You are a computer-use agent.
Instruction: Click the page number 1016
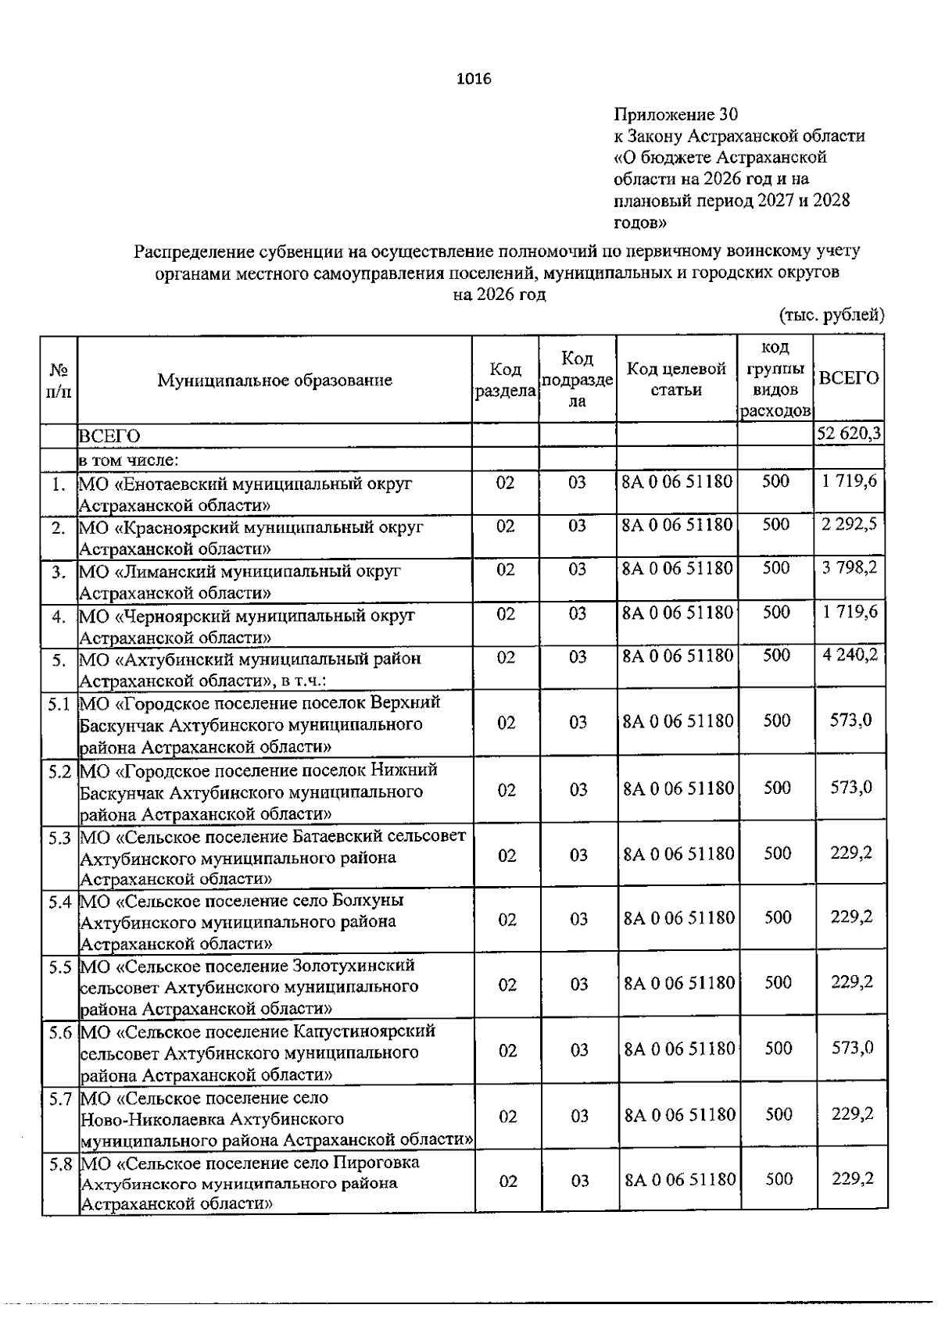[473, 79]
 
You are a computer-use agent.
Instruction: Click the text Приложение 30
[675, 115]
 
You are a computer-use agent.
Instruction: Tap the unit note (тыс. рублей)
[832, 315]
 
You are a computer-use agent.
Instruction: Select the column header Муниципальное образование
[274, 381]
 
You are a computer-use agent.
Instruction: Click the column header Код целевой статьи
[676, 379]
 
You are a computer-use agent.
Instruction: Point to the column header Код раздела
[505, 380]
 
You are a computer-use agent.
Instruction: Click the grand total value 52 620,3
[849, 434]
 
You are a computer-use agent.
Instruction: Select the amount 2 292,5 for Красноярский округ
[849, 525]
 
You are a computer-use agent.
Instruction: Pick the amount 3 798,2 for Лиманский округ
[849, 568]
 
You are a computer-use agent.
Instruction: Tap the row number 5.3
[59, 838]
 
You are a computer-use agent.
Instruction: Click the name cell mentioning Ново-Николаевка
[277, 1119]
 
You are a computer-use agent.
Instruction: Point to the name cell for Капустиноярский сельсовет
[258, 1052]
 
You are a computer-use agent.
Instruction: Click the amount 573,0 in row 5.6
[852, 1048]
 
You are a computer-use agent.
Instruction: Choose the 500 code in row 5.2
[777, 788]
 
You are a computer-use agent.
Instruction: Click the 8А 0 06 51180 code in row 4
[677, 613]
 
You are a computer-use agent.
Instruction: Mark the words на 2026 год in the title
[499, 295]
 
